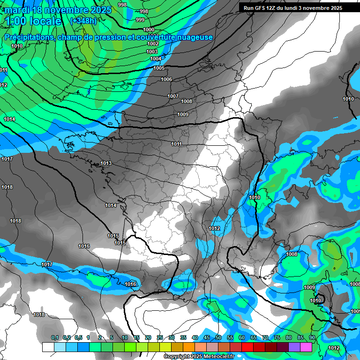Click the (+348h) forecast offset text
point(83,21)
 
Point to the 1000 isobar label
point(148,30)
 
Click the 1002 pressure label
point(153,44)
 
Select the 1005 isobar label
point(159,68)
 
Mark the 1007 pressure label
point(173,96)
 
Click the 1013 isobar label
point(106,163)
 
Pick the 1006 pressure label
point(166,79)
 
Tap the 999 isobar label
point(140,20)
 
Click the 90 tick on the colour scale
point(312,337)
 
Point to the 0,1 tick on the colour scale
point(54,337)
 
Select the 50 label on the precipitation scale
point(218,337)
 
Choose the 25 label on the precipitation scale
point(159,337)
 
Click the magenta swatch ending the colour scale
point(306,347)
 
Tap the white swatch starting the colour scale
point(48,347)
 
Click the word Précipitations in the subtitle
point(29,37)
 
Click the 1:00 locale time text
point(34,21)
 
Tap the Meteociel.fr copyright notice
point(199,357)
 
